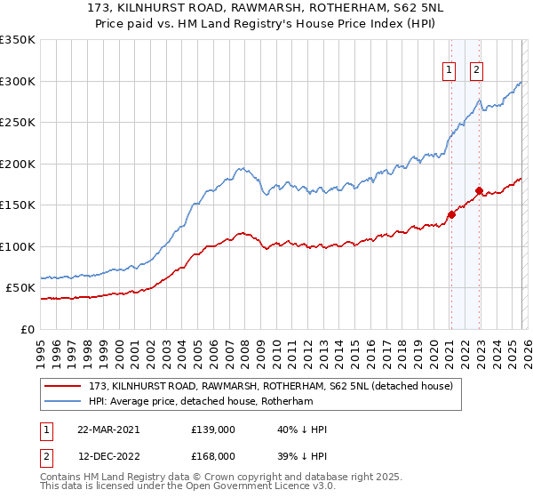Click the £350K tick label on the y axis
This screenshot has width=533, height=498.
click(18, 40)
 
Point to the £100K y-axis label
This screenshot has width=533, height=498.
click(18, 246)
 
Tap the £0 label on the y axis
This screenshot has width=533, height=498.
click(27, 329)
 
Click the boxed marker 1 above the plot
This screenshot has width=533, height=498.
click(449, 71)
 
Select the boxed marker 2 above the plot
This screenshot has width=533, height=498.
click(476, 71)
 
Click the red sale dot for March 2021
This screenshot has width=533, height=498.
click(451, 214)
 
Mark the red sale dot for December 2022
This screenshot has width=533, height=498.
click(479, 190)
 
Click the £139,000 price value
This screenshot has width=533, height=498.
click(213, 430)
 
